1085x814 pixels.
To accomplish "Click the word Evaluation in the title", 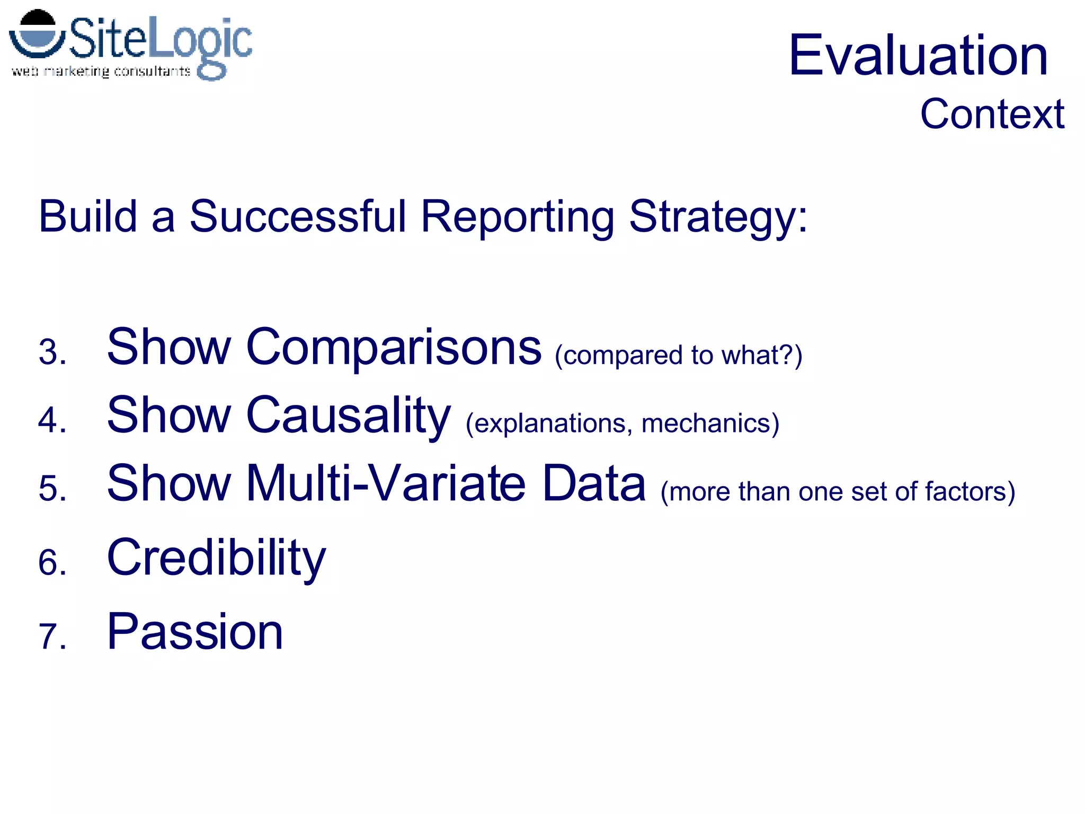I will [918, 55].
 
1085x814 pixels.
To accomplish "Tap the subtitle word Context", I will [992, 114].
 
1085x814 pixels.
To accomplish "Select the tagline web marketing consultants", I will [101, 71].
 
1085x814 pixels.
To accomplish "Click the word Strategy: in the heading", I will [718, 217].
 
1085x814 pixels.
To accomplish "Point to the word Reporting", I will [518, 217].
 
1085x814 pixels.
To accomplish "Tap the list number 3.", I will [52, 352].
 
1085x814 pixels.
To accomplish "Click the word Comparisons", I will [394, 347].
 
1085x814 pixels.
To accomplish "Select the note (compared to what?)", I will [678, 355].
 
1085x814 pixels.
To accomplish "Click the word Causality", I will [348, 415].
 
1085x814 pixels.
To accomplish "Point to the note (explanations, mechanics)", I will [622, 423].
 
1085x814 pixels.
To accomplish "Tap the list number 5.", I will [52, 488].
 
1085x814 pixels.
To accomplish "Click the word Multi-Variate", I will [386, 483].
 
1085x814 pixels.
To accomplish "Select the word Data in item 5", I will [594, 483].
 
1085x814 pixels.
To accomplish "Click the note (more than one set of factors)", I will [837, 491].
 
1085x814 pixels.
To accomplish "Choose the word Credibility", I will [216, 558].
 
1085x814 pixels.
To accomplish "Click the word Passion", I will [195, 632].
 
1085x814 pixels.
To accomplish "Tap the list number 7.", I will [52, 636].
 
